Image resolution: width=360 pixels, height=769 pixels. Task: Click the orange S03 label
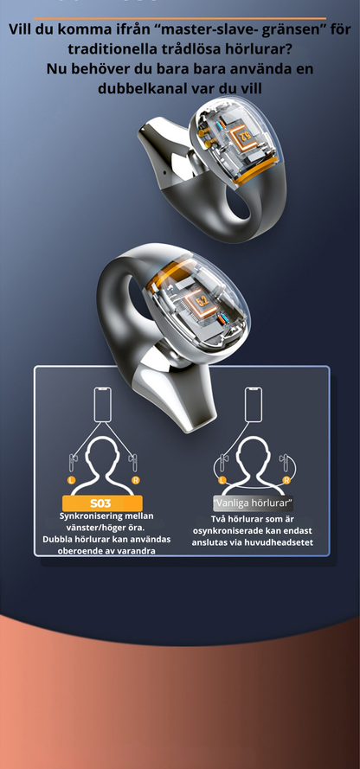(102, 503)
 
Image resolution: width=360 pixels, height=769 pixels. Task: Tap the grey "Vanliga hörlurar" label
(253, 503)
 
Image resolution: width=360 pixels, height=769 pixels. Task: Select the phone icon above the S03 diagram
(102, 404)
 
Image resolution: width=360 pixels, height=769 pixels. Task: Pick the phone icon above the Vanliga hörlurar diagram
(253, 404)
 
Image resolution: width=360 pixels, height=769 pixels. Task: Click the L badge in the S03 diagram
(72, 480)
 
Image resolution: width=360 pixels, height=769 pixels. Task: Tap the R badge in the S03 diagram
(135, 480)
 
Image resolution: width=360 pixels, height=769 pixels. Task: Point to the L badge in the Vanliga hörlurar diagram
(222, 480)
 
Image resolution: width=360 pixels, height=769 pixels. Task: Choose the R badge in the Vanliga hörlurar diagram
(286, 480)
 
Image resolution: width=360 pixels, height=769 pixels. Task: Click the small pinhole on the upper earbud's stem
(163, 172)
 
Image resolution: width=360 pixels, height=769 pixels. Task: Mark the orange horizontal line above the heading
(180, 18)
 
